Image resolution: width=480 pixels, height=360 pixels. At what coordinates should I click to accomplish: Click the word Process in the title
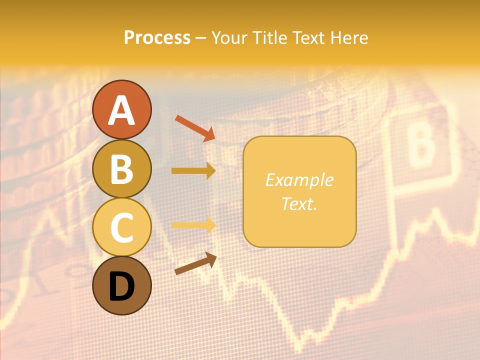coord(157,38)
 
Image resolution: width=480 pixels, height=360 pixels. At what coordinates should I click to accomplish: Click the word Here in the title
coord(350,38)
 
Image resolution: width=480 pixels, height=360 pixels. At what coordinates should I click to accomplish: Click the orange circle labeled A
coord(121,109)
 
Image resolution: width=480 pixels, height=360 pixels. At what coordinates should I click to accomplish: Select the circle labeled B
coord(121,168)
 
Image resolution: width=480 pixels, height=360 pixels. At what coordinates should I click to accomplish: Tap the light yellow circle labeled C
coord(121,226)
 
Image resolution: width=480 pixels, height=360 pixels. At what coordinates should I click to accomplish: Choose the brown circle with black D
coord(121,285)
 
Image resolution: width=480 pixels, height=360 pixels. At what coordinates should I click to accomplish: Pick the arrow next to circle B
coord(193,171)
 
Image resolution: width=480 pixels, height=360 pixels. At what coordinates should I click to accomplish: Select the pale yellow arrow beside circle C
coord(193,225)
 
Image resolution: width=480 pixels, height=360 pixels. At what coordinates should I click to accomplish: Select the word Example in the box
coord(299,180)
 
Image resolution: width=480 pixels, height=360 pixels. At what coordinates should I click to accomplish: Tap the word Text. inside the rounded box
coord(299,203)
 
